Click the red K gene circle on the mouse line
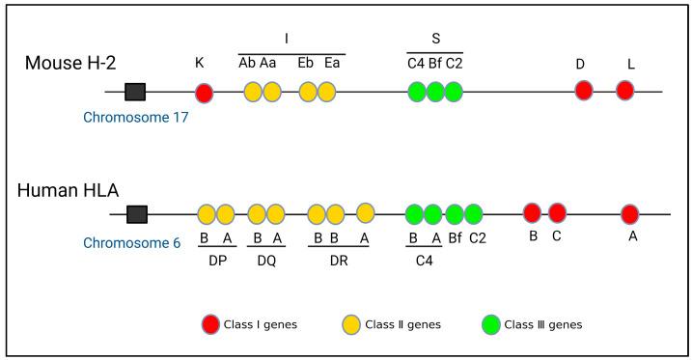click(x=204, y=93)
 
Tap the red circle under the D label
click(x=583, y=91)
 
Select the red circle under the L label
click(x=624, y=91)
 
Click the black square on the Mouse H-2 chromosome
click(x=135, y=92)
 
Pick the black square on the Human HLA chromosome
click(x=137, y=213)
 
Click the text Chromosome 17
click(x=134, y=118)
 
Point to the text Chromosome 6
click(x=131, y=242)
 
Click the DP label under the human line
click(x=216, y=260)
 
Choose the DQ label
click(x=265, y=260)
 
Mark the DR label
click(x=341, y=260)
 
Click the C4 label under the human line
click(x=424, y=260)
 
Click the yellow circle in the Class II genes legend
click(x=351, y=323)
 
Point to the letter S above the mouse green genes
click(x=436, y=40)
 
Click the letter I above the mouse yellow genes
click(x=287, y=40)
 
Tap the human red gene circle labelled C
click(x=557, y=212)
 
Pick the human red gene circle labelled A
click(x=630, y=214)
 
